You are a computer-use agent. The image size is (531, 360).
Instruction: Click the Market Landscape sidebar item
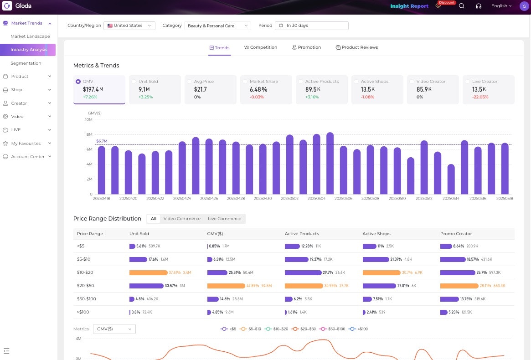click(30, 36)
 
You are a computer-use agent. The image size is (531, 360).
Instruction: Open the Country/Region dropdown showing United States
click(129, 26)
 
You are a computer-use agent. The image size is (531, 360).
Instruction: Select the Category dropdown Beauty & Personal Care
click(218, 26)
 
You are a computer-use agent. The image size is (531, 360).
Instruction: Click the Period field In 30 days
click(312, 26)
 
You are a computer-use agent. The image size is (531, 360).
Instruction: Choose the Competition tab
click(261, 47)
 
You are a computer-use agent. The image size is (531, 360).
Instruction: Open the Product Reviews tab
click(356, 47)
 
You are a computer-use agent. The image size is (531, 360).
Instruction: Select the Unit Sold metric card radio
click(134, 82)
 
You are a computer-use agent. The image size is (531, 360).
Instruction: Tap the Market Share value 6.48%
click(258, 90)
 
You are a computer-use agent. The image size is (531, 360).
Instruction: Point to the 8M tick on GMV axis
click(89, 134)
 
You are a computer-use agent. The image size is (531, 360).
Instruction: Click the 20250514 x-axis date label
click(451, 199)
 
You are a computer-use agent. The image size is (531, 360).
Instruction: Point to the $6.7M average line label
click(102, 141)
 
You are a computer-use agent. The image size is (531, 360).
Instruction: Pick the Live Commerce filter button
click(224, 219)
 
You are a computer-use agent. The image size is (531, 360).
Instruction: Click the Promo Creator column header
click(456, 234)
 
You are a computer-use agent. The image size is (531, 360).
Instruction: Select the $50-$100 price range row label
click(86, 299)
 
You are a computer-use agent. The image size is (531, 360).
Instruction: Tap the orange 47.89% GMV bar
click(226, 286)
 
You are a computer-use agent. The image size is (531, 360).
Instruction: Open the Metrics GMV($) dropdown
click(114, 329)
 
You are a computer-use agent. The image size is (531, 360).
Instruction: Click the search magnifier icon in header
click(461, 6)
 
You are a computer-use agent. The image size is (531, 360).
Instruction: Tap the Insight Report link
click(409, 6)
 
